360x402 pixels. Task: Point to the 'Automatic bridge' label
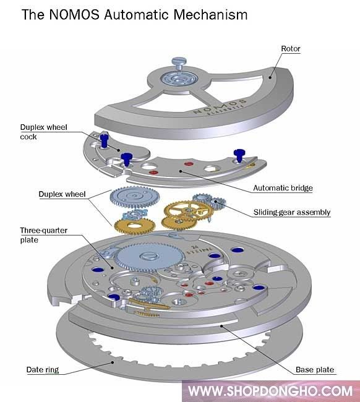283,188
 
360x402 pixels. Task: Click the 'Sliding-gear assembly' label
291,212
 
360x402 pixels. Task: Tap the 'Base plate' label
315,370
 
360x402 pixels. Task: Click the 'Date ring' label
42,370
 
